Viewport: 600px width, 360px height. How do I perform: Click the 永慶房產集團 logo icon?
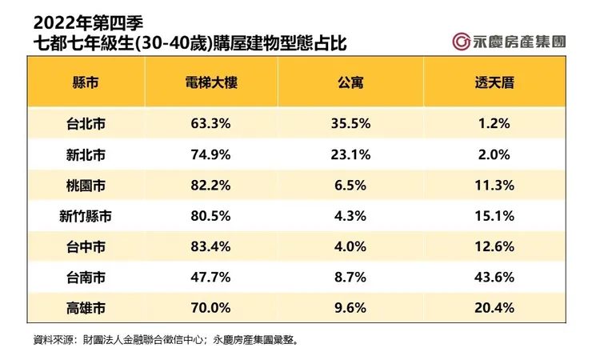(460, 40)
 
